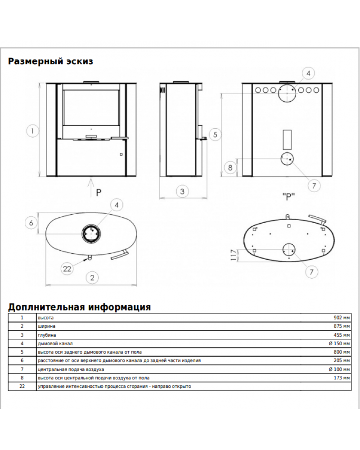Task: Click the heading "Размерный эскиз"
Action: (50, 61)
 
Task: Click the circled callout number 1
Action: (32, 131)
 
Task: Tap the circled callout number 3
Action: (182, 191)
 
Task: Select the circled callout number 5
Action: (215, 134)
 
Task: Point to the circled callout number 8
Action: (230, 167)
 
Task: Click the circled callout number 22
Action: (67, 269)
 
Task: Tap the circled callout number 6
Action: (31, 223)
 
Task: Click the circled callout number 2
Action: (92, 278)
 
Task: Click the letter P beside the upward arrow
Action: (99, 193)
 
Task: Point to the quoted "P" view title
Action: (288, 197)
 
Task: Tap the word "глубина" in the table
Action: (47, 335)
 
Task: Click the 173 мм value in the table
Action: (342, 378)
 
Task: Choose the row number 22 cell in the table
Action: (22, 386)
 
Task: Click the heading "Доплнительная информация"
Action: (79, 307)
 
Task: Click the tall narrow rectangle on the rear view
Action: (287, 139)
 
